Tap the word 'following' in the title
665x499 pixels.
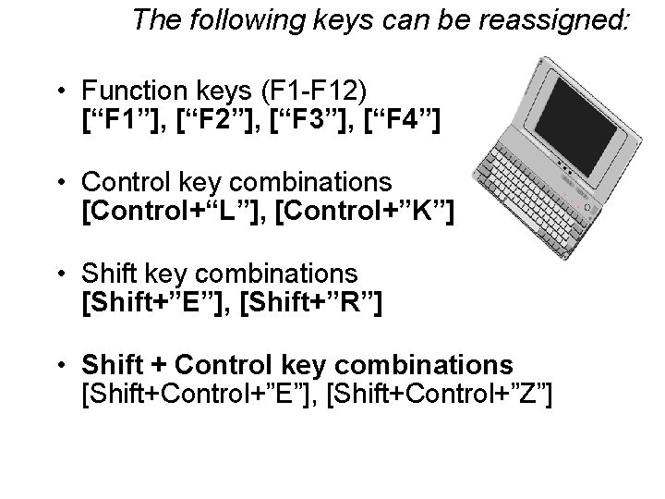(x=241, y=19)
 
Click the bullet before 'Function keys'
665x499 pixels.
(x=59, y=92)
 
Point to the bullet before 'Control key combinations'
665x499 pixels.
(x=59, y=182)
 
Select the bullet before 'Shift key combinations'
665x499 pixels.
(x=59, y=273)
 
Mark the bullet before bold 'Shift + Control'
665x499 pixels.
(x=59, y=363)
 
